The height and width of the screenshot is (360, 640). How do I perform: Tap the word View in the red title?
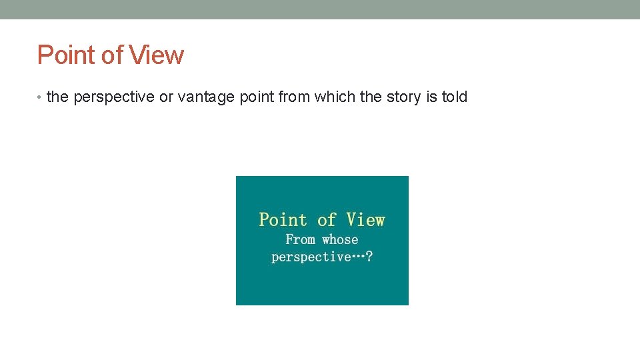coord(157,55)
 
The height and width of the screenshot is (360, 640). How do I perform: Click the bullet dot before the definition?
coord(40,97)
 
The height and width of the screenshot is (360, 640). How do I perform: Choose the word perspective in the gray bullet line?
coord(114,97)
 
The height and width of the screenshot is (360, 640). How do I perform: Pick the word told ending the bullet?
coord(455,97)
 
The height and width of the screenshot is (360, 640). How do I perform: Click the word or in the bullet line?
coord(166,97)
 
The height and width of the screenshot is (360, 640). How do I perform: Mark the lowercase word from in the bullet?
coord(294,97)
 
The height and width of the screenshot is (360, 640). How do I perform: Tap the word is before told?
coord(431,97)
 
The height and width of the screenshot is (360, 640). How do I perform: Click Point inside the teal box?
coord(283,220)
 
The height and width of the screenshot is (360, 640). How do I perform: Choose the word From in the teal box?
coord(300,239)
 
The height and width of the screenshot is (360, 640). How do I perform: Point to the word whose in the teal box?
coord(340,239)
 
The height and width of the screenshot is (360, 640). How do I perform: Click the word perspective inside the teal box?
coord(311,257)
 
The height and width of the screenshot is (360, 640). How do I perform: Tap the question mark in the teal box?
coord(369,257)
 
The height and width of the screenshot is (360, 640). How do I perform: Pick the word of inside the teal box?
coord(327,220)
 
